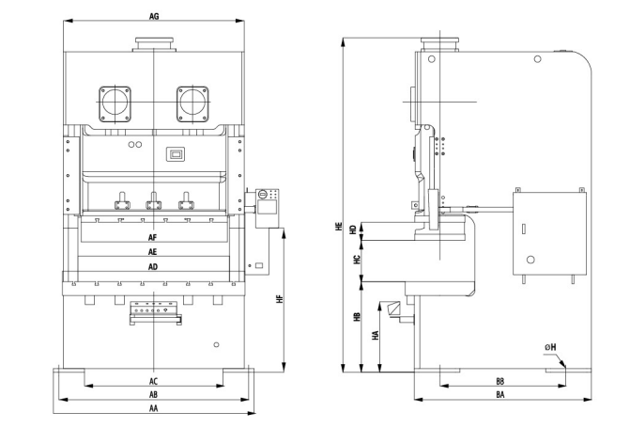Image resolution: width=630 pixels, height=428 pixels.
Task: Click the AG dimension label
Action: coord(154,17)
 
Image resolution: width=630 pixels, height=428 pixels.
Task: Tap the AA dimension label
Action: coord(153,408)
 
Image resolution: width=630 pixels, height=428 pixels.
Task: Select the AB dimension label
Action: coord(153,394)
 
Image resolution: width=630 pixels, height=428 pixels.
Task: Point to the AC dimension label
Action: coord(153,381)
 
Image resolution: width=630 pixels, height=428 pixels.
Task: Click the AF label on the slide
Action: coord(153,238)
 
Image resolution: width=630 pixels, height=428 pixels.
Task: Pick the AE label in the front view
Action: coord(153,252)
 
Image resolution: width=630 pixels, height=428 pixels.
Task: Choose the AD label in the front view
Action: coord(153,266)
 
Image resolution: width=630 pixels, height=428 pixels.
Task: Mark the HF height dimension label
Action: coord(280,299)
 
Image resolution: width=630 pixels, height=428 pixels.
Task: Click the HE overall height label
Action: coord(339,227)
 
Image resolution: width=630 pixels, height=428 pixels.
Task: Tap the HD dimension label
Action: coord(353,230)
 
